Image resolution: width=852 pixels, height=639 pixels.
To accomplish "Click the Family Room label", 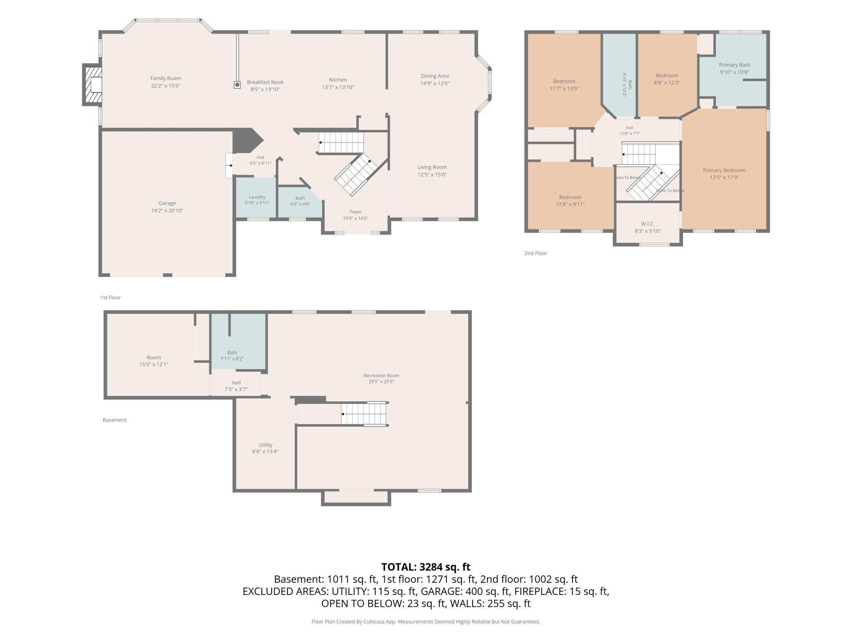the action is click(x=166, y=78).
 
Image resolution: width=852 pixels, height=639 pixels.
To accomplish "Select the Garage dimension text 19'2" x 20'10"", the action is click(x=167, y=211).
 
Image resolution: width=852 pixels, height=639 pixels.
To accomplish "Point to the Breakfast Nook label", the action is click(x=265, y=82).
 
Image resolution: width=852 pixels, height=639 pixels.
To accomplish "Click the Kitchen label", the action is click(x=338, y=80).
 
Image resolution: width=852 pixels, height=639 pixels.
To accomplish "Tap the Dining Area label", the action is click(x=435, y=76).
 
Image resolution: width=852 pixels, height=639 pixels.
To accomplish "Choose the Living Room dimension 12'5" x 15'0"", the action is click(x=432, y=175).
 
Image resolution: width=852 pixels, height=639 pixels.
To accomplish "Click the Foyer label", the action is click(x=356, y=212).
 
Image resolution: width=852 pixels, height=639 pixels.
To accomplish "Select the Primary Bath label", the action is click(x=734, y=65).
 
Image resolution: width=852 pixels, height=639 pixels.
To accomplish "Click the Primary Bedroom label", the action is click(x=724, y=170).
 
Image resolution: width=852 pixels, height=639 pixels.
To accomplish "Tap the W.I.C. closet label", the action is click(x=648, y=224).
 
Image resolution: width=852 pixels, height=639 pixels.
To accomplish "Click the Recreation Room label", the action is click(x=381, y=376).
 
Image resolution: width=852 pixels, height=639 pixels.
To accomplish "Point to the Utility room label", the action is click(x=265, y=445).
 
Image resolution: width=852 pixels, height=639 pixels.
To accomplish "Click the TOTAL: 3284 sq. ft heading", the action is click(x=426, y=567).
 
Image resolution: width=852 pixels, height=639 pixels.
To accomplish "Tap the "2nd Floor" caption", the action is click(x=535, y=253).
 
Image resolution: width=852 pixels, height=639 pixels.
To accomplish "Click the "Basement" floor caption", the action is click(x=114, y=420).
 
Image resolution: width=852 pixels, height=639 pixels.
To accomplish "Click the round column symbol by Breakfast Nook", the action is click(x=237, y=85).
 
